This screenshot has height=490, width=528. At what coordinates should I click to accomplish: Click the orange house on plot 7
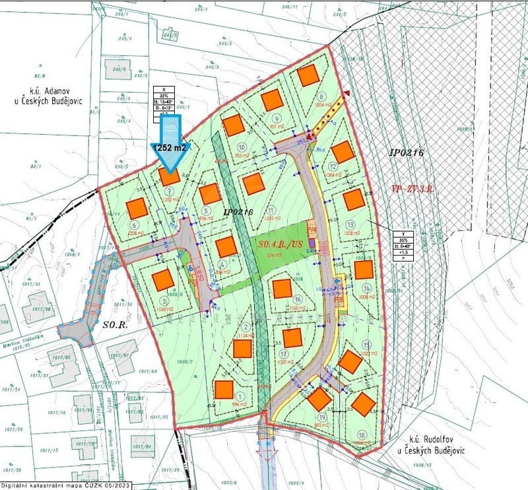tap(169, 176)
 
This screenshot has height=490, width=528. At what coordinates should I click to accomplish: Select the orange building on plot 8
tap(308, 76)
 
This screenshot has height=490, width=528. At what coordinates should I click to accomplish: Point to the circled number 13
tap(351, 225)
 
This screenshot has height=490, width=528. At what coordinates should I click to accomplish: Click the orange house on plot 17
tap(293, 337)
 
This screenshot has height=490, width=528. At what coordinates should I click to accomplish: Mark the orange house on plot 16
tap(282, 289)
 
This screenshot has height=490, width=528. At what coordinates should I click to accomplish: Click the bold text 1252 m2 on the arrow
tap(170, 149)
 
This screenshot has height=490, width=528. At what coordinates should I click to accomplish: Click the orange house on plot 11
tap(253, 184)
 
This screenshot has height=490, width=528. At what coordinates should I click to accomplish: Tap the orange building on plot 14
tap(364, 269)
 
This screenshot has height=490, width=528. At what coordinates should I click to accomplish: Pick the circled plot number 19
tap(322, 417)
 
